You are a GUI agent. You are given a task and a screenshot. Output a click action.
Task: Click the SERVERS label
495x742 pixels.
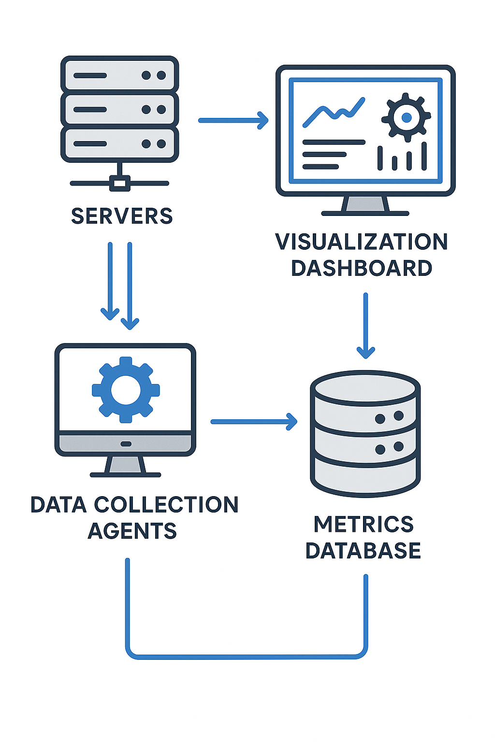pyautogui.click(x=122, y=216)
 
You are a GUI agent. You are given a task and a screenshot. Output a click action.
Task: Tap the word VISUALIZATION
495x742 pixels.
pyautogui.click(x=362, y=242)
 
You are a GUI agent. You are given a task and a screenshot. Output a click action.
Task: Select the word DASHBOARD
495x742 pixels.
pyautogui.click(x=362, y=268)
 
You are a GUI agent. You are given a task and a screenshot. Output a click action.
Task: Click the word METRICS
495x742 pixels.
pyautogui.click(x=364, y=525)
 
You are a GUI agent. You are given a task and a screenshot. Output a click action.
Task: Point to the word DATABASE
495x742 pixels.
pyautogui.click(x=364, y=551)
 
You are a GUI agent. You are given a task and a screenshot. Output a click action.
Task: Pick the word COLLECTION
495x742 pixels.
pyautogui.click(x=166, y=505)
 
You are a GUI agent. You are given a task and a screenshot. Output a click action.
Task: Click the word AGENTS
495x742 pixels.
pyautogui.click(x=132, y=531)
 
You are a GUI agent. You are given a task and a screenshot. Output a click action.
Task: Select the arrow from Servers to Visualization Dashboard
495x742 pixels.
pyautogui.click(x=233, y=120)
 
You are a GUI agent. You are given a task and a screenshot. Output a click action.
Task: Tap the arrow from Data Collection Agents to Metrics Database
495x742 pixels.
pyautogui.click(x=253, y=422)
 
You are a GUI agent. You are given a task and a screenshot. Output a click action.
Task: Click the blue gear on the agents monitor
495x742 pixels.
pyautogui.click(x=126, y=390)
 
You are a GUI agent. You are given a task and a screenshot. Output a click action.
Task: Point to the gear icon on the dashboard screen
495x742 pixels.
pyautogui.click(x=406, y=117)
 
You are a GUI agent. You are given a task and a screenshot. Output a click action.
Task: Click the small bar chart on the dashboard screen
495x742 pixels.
pyautogui.click(x=402, y=157)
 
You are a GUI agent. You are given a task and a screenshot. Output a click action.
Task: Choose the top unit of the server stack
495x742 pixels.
pyautogui.click(x=120, y=75)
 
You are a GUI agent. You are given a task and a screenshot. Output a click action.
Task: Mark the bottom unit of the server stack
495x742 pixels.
pyautogui.click(x=120, y=144)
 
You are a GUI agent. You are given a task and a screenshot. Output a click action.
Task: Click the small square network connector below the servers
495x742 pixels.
pyautogui.click(x=120, y=184)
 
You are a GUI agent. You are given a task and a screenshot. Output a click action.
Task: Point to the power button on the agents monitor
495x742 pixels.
pyautogui.click(x=126, y=443)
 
